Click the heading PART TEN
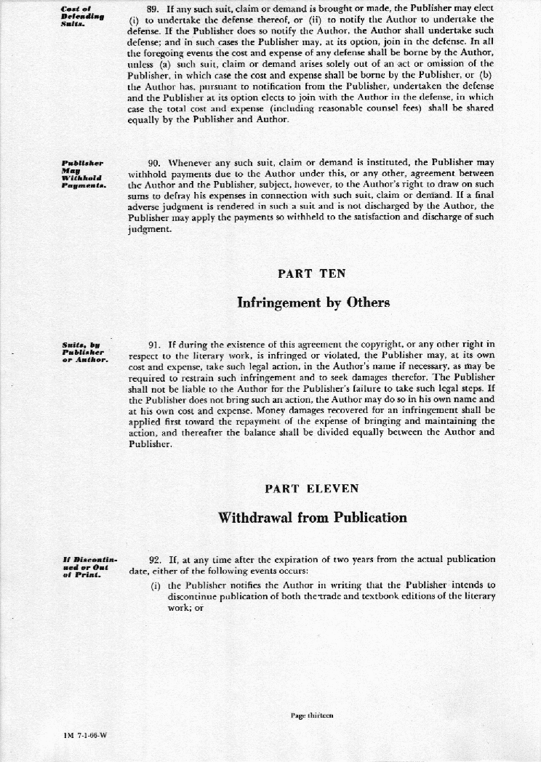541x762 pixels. coord(312,273)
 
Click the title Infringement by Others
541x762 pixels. coord(313,302)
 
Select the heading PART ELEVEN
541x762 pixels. coord(312,489)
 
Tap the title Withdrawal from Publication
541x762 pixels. coord(312,518)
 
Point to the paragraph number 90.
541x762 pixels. coord(154,162)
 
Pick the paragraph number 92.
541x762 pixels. coord(154,559)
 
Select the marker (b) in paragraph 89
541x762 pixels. coord(481,75)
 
